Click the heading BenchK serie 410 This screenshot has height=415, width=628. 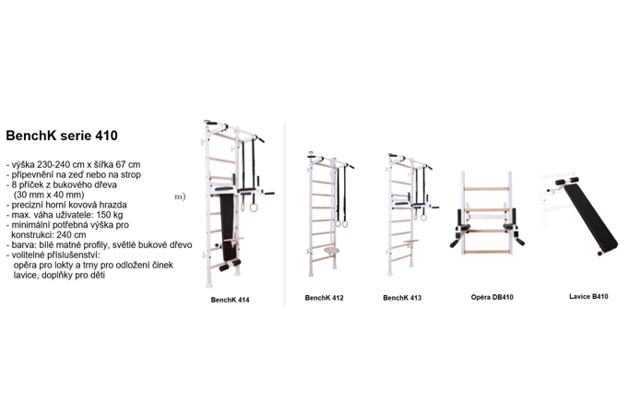tap(62, 136)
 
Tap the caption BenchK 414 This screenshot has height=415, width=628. tap(230, 300)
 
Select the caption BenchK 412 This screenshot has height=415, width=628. tap(324, 298)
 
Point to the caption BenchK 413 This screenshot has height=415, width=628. tap(402, 298)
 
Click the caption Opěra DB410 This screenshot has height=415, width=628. tap(492, 297)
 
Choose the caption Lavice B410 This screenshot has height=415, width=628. tap(588, 296)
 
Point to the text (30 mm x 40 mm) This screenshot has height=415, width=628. tap(49, 195)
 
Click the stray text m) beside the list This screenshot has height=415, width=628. tap(180, 196)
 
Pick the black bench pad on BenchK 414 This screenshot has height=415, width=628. tap(228, 227)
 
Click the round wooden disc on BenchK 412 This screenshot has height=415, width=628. tap(332, 251)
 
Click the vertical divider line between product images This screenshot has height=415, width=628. tap(285, 215)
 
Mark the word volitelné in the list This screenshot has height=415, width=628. tap(29, 255)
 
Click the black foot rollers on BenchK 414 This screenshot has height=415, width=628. tap(230, 266)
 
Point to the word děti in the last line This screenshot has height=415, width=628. tap(98, 275)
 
